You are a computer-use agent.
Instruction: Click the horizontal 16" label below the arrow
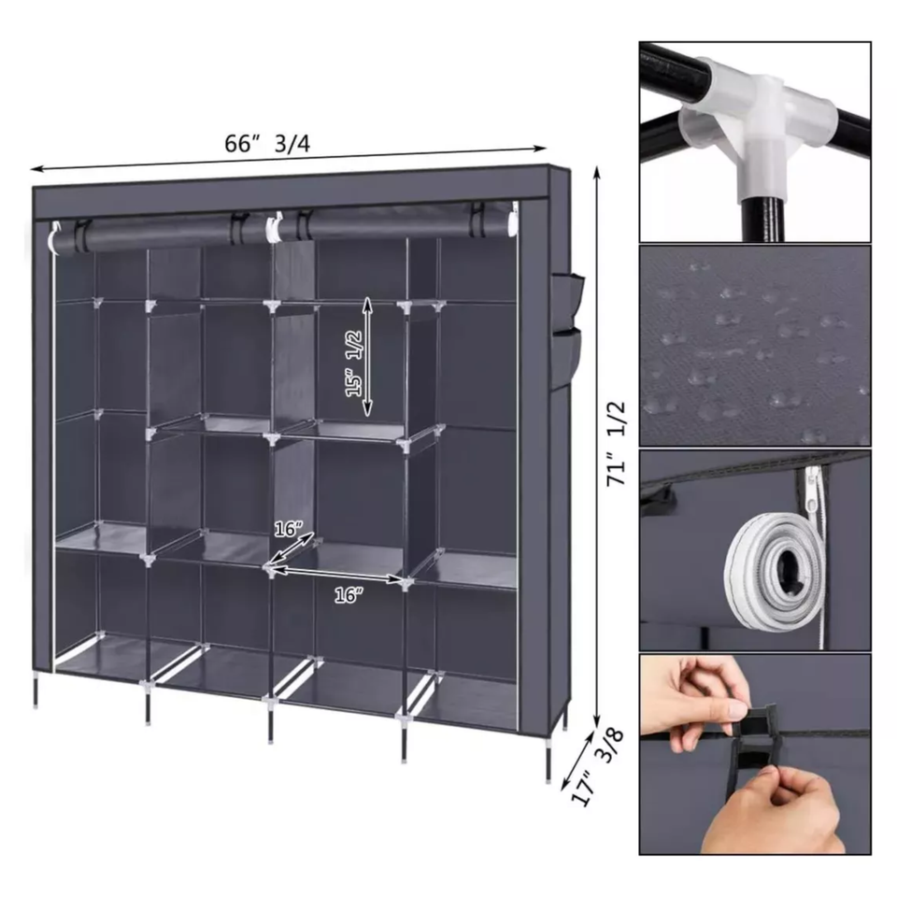[349, 596]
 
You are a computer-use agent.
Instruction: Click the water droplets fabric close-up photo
[755, 346]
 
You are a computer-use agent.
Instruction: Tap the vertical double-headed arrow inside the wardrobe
[368, 355]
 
